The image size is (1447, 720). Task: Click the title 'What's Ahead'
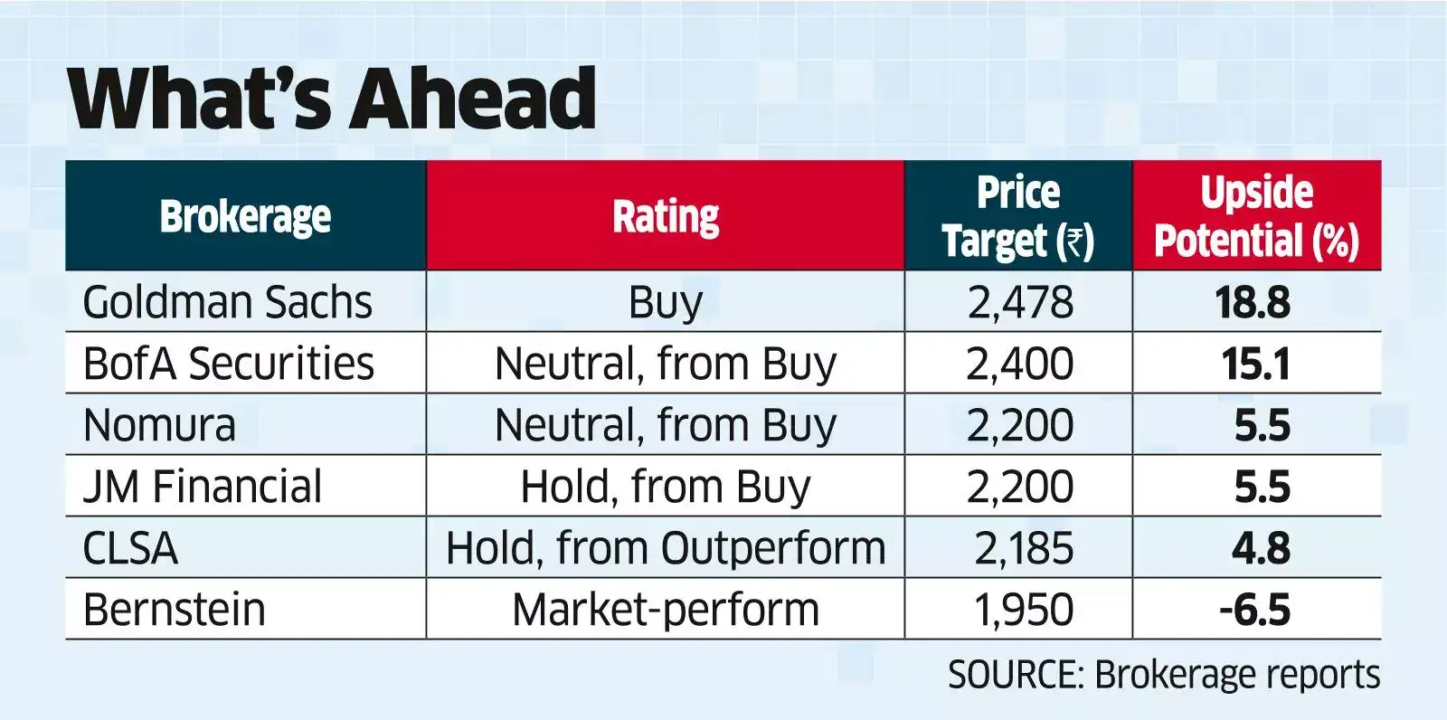click(x=332, y=99)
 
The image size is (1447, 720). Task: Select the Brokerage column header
click(x=245, y=217)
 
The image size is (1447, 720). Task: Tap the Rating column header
click(x=666, y=217)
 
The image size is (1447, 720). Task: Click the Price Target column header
click(x=1018, y=217)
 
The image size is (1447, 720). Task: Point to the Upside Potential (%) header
click(x=1256, y=217)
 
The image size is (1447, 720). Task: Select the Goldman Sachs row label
click(x=227, y=302)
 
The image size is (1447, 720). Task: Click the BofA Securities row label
click(x=228, y=364)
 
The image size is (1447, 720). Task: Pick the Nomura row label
click(x=159, y=425)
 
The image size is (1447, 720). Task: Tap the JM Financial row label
click(x=202, y=487)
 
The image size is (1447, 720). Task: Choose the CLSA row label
click(x=130, y=548)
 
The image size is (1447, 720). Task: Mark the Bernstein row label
click(x=174, y=610)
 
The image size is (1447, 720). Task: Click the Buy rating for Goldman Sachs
click(x=666, y=302)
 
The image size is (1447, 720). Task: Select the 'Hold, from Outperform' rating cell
click(x=666, y=548)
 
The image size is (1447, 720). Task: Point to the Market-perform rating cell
click(x=666, y=610)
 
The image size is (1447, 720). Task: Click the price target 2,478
click(x=1020, y=302)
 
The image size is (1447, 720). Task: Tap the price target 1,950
click(x=1023, y=610)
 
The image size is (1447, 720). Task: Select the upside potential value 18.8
click(x=1253, y=302)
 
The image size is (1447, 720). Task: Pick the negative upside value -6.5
click(x=1254, y=610)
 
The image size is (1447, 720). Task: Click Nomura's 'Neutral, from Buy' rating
click(x=666, y=425)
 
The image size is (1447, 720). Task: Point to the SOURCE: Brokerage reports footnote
click(x=1164, y=675)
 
